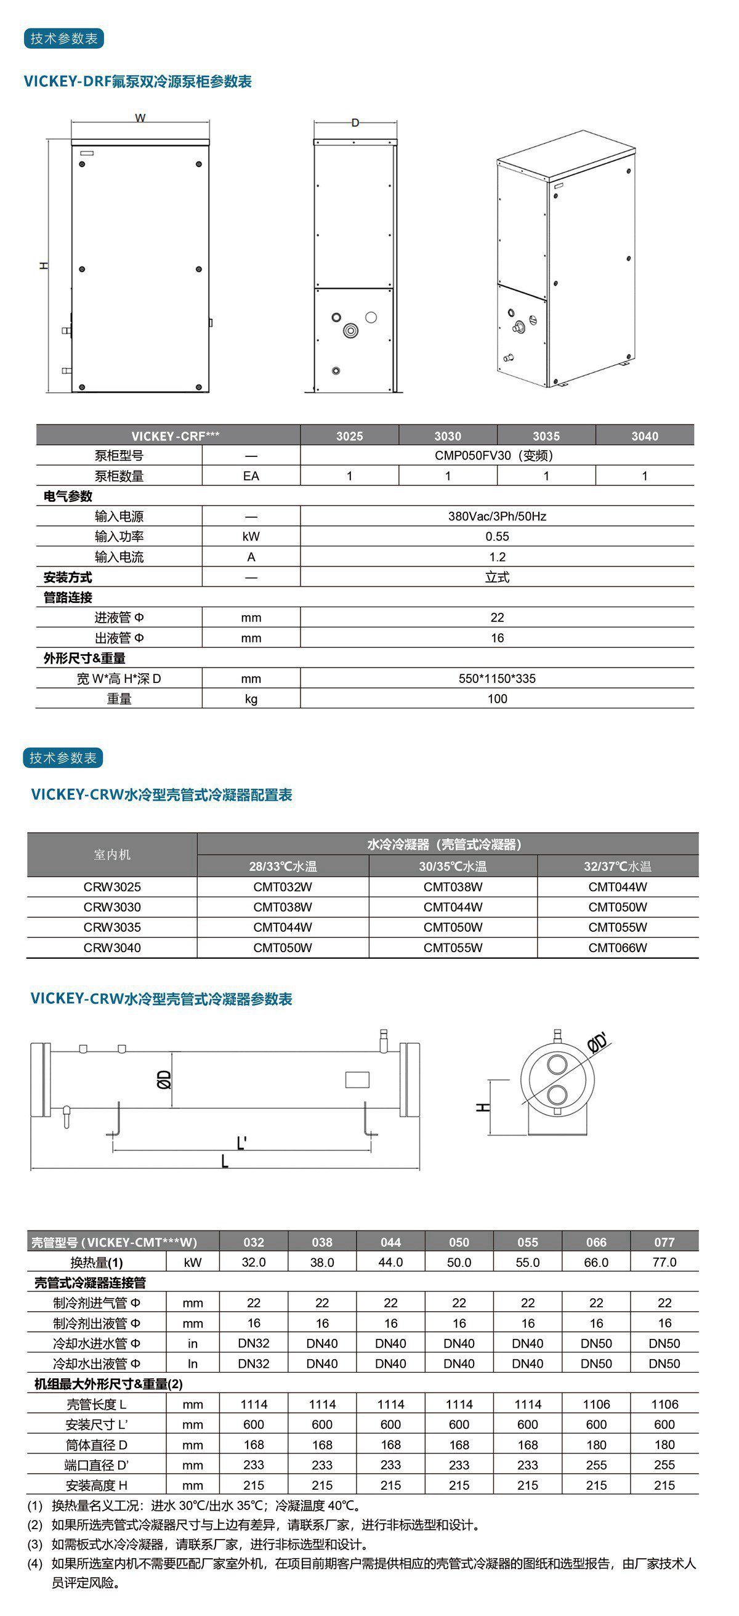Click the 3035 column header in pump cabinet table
[546, 436]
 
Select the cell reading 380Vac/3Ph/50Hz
[497, 516]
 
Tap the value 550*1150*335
[497, 678]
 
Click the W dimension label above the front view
[140, 118]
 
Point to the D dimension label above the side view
[355, 123]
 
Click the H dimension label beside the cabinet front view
[43, 266]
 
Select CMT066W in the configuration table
[617, 947]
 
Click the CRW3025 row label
[112, 886]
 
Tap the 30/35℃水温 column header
[453, 867]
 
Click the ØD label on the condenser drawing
[164, 1079]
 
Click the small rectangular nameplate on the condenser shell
[357, 1080]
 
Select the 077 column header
[664, 1242]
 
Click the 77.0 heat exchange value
[664, 1262]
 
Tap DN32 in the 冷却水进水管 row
[254, 1343]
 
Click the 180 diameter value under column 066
[596, 1445]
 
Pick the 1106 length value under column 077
[664, 1404]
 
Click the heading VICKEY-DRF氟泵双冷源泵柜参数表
[138, 81]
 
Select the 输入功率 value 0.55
[497, 536]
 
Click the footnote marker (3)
[35, 1545]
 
